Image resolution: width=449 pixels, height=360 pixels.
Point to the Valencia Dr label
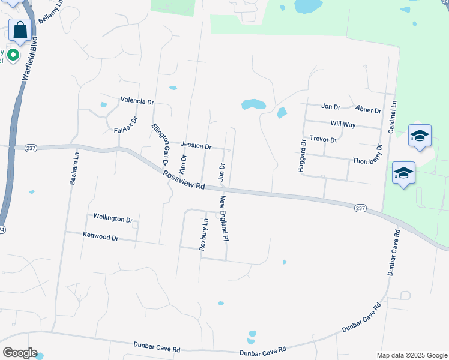click(x=137, y=101)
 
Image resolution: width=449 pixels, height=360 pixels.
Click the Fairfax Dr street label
click(x=126, y=124)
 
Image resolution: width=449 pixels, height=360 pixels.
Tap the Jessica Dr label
click(x=196, y=146)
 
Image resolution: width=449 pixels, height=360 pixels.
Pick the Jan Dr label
click(x=221, y=172)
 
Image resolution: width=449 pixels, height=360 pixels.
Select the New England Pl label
click(x=223, y=218)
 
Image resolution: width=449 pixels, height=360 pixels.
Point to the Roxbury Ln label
click(x=203, y=233)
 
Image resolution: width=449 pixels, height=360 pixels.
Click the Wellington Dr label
click(x=113, y=219)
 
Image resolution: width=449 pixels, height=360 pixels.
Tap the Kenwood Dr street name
click(x=101, y=237)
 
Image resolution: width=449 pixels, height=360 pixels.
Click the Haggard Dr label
click(x=303, y=156)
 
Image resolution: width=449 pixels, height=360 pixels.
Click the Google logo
click(x=20, y=352)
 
